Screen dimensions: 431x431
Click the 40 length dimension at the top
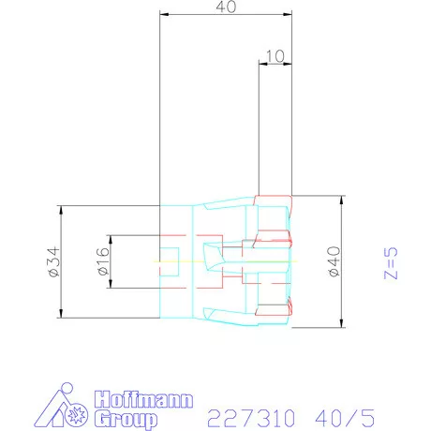click(x=226, y=7)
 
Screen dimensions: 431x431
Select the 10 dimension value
click(x=275, y=56)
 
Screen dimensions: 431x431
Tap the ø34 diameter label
click(x=53, y=261)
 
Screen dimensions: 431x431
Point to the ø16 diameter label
click(x=103, y=261)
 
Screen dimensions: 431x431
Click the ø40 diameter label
click(x=334, y=261)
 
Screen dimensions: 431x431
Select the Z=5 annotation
click(x=391, y=263)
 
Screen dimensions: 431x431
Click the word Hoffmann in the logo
click(x=143, y=399)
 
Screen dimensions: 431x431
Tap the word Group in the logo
click(x=126, y=419)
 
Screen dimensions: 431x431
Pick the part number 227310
click(x=251, y=418)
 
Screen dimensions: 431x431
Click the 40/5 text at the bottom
click(x=345, y=418)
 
